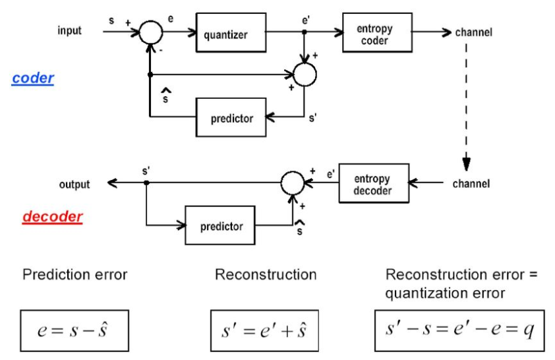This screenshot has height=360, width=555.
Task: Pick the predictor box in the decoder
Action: tap(221, 226)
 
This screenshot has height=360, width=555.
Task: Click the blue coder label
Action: tap(32, 78)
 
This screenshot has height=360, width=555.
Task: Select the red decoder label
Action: tap(53, 217)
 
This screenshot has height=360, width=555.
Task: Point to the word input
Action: tap(69, 31)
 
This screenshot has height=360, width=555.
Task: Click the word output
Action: tap(74, 185)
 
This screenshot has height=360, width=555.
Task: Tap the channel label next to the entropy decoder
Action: tap(471, 184)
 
